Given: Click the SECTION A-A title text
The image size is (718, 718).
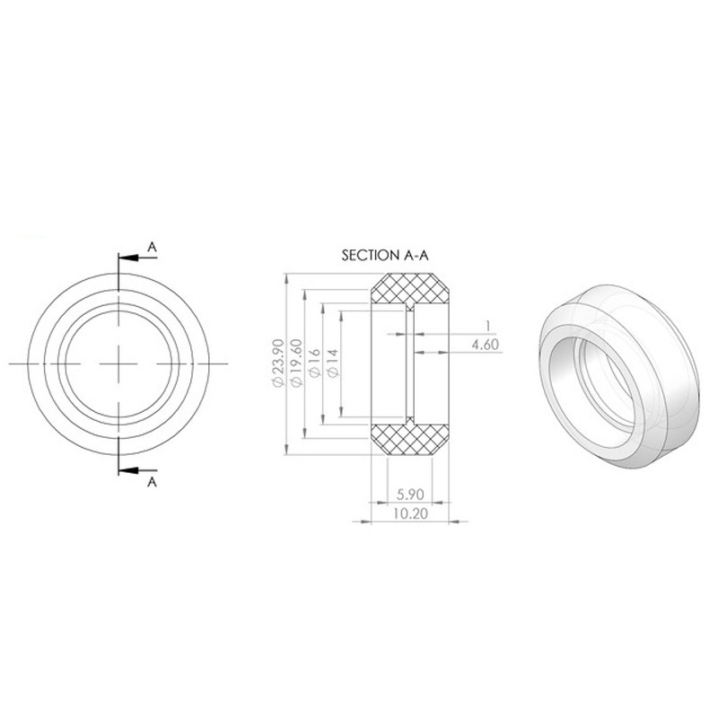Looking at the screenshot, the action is tap(385, 255).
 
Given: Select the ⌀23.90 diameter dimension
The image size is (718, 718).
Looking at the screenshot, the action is tap(278, 363).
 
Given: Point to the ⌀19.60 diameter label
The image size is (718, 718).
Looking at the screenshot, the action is tap(297, 363).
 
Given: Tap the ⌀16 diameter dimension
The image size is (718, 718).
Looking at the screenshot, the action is tap(315, 363).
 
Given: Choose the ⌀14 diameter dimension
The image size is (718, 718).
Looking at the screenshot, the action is tap(333, 363).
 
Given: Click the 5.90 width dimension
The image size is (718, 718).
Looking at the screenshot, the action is tap(410, 495).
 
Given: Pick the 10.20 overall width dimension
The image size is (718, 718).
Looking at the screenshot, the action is tap(410, 513).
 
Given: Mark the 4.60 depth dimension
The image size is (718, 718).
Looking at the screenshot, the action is tap(485, 345).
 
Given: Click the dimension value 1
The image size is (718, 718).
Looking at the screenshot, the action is tap(488, 326).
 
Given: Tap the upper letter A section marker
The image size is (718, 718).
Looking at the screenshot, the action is tap(152, 248).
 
